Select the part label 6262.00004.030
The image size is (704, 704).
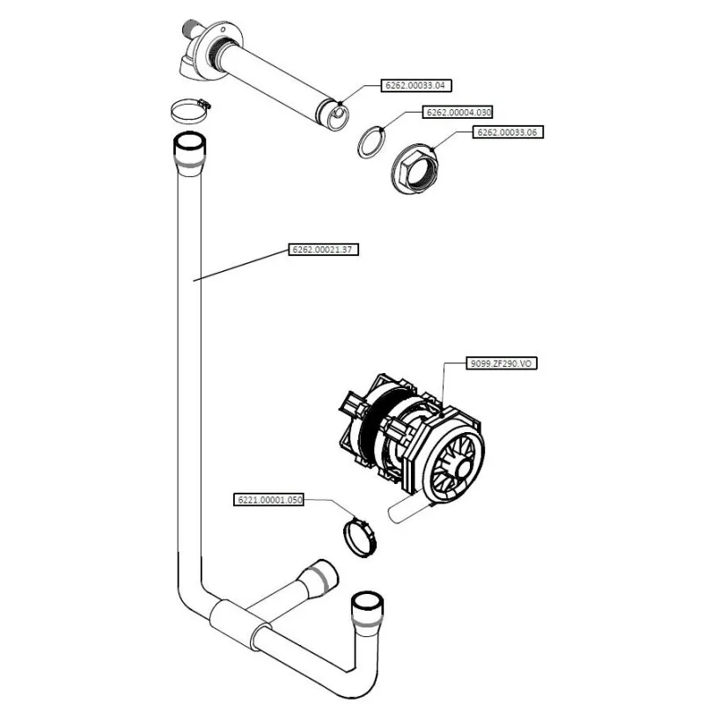point(458,113)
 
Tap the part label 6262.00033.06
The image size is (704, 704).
point(508,132)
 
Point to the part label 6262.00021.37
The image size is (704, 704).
point(324,250)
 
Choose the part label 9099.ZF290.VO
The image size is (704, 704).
point(499,363)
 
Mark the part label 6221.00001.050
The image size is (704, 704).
point(268,500)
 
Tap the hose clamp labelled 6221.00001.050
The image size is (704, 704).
point(357,536)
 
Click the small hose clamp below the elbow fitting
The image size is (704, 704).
point(188,111)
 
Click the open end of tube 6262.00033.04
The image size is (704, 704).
point(335,113)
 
